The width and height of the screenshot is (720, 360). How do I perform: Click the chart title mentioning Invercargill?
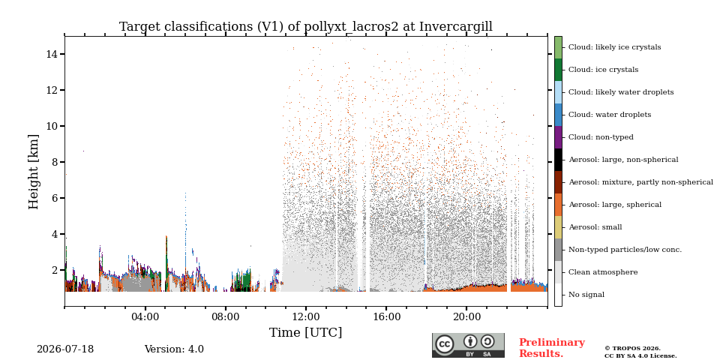(306, 27)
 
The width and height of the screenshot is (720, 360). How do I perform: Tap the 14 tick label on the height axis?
(52, 54)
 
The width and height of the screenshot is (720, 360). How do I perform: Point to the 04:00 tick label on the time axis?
(145, 316)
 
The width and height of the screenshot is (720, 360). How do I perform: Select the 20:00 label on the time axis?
(466, 316)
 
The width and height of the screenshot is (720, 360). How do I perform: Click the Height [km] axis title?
(34, 172)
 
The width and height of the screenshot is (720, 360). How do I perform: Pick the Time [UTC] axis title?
(305, 332)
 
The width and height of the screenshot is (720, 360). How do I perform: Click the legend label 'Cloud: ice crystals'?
(603, 70)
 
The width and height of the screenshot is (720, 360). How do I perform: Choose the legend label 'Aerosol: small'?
(595, 227)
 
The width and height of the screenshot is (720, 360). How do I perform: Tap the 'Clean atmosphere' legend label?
(603, 272)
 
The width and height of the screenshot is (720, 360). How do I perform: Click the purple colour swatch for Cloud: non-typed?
(558, 137)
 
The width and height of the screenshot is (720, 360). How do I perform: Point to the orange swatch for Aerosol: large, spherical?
(558, 205)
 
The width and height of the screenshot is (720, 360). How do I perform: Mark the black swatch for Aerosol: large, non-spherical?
(558, 160)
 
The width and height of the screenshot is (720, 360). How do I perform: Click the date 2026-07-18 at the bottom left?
(65, 349)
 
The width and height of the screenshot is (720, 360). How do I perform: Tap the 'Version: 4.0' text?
(174, 349)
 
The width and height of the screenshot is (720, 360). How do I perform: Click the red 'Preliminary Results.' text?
(552, 348)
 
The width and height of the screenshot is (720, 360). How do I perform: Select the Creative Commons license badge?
(468, 345)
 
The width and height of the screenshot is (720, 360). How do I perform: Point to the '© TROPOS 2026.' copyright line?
(632, 349)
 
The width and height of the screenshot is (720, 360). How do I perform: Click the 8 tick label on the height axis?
(54, 162)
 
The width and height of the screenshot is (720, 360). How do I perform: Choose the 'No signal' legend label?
(586, 295)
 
